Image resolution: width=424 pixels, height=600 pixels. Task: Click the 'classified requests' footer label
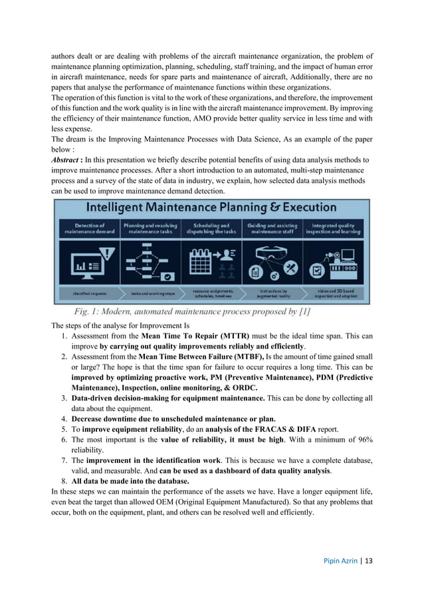pyautogui.click(x=89, y=293)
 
